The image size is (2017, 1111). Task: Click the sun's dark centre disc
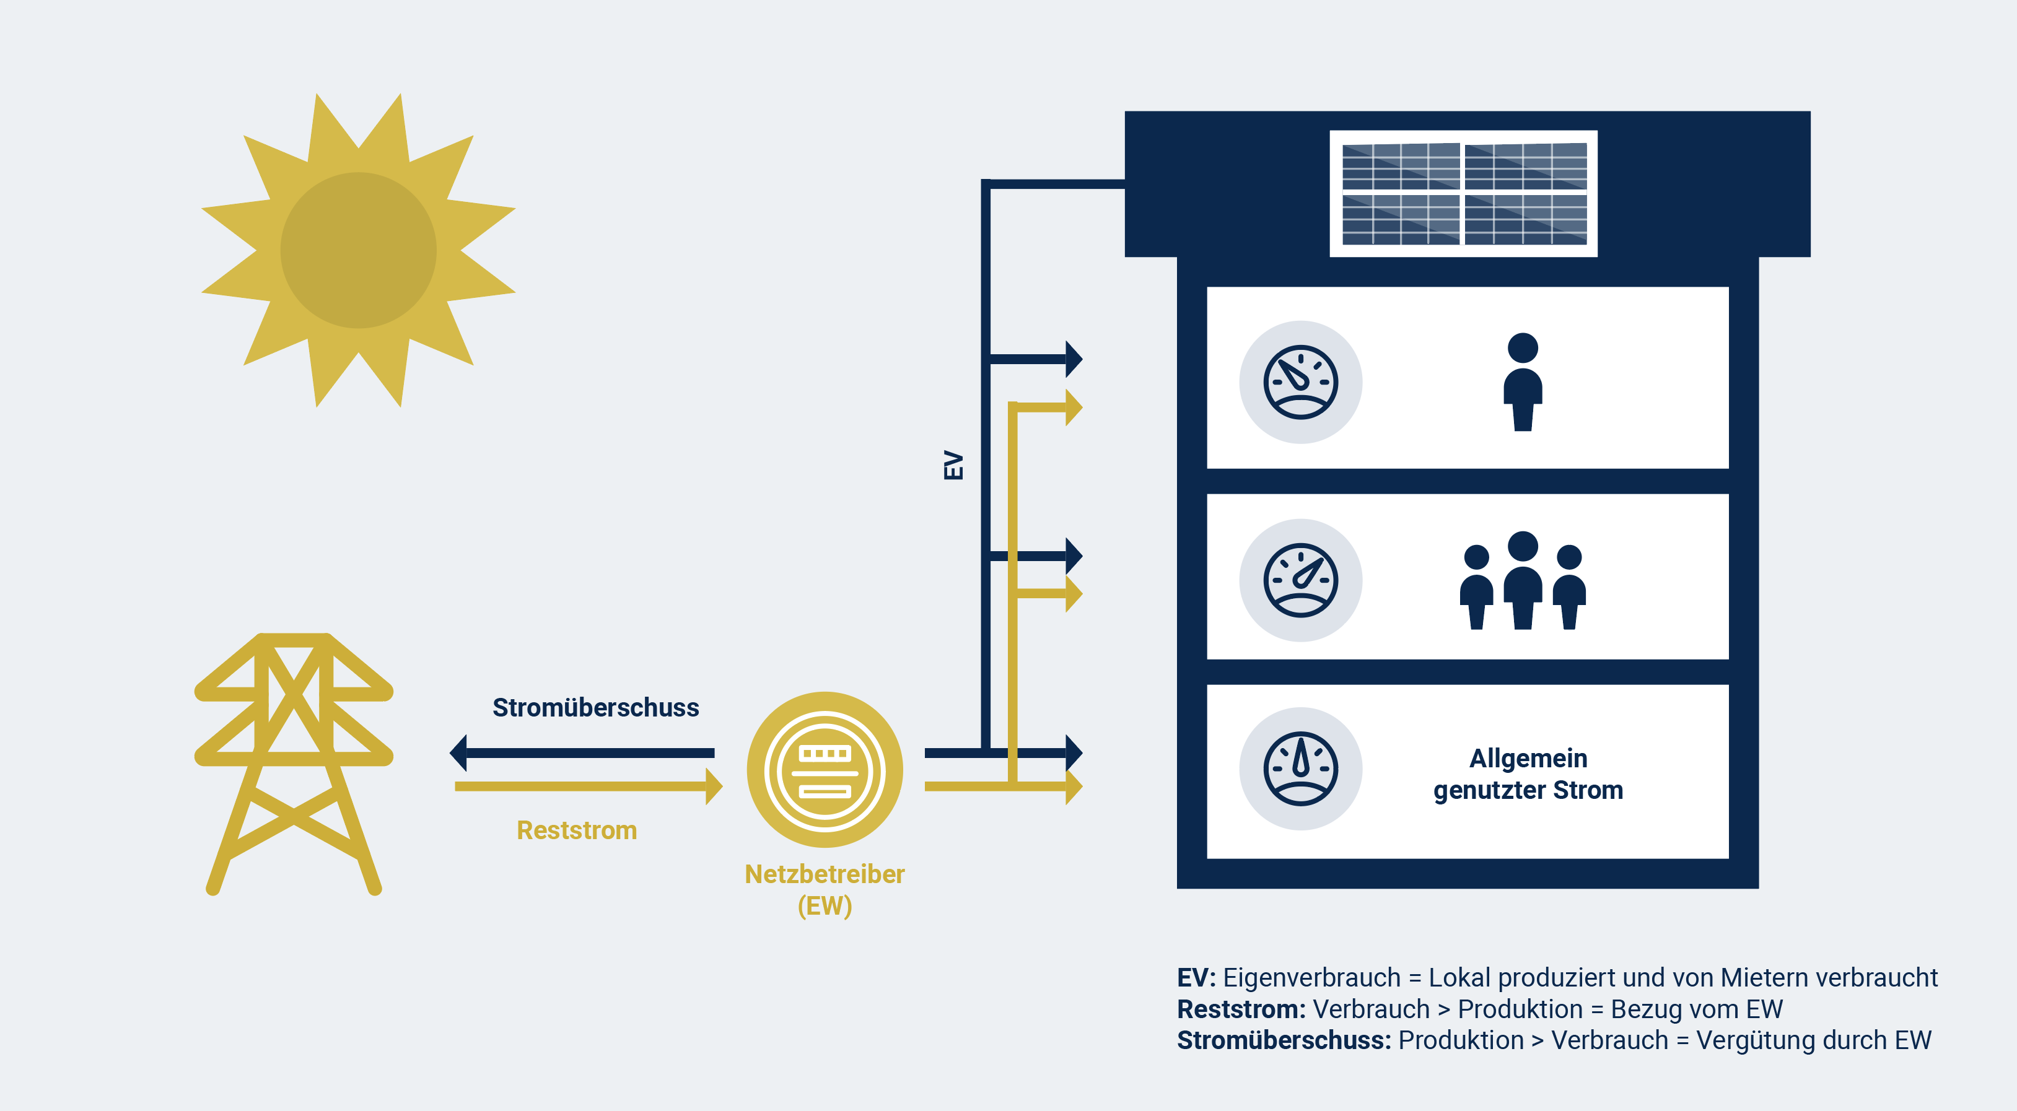coord(359,251)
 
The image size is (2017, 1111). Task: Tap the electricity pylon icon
coord(294,764)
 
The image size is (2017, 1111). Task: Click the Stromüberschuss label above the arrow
coord(596,707)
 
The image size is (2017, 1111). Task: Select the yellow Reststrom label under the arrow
coord(577,830)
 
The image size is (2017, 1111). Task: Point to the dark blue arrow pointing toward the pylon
coord(582,752)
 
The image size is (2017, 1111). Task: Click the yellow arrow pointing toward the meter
coord(589,786)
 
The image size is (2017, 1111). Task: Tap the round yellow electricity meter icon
coord(825,770)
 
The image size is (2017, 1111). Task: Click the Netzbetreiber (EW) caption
coord(825,889)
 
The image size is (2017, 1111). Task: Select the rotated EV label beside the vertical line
coord(953,465)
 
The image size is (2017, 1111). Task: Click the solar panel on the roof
coord(1463,193)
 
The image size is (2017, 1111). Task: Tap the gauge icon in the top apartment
coord(1300,382)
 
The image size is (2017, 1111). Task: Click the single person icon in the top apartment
coord(1523,382)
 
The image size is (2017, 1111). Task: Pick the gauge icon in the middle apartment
coord(1300,580)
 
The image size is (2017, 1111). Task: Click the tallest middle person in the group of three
coord(1523,580)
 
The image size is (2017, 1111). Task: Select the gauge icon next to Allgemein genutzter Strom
coord(1300,769)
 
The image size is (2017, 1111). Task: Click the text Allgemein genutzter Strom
coord(1528,773)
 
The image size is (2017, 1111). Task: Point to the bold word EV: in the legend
coord(1196,977)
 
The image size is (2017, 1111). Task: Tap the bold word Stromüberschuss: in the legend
coord(1284,1040)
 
